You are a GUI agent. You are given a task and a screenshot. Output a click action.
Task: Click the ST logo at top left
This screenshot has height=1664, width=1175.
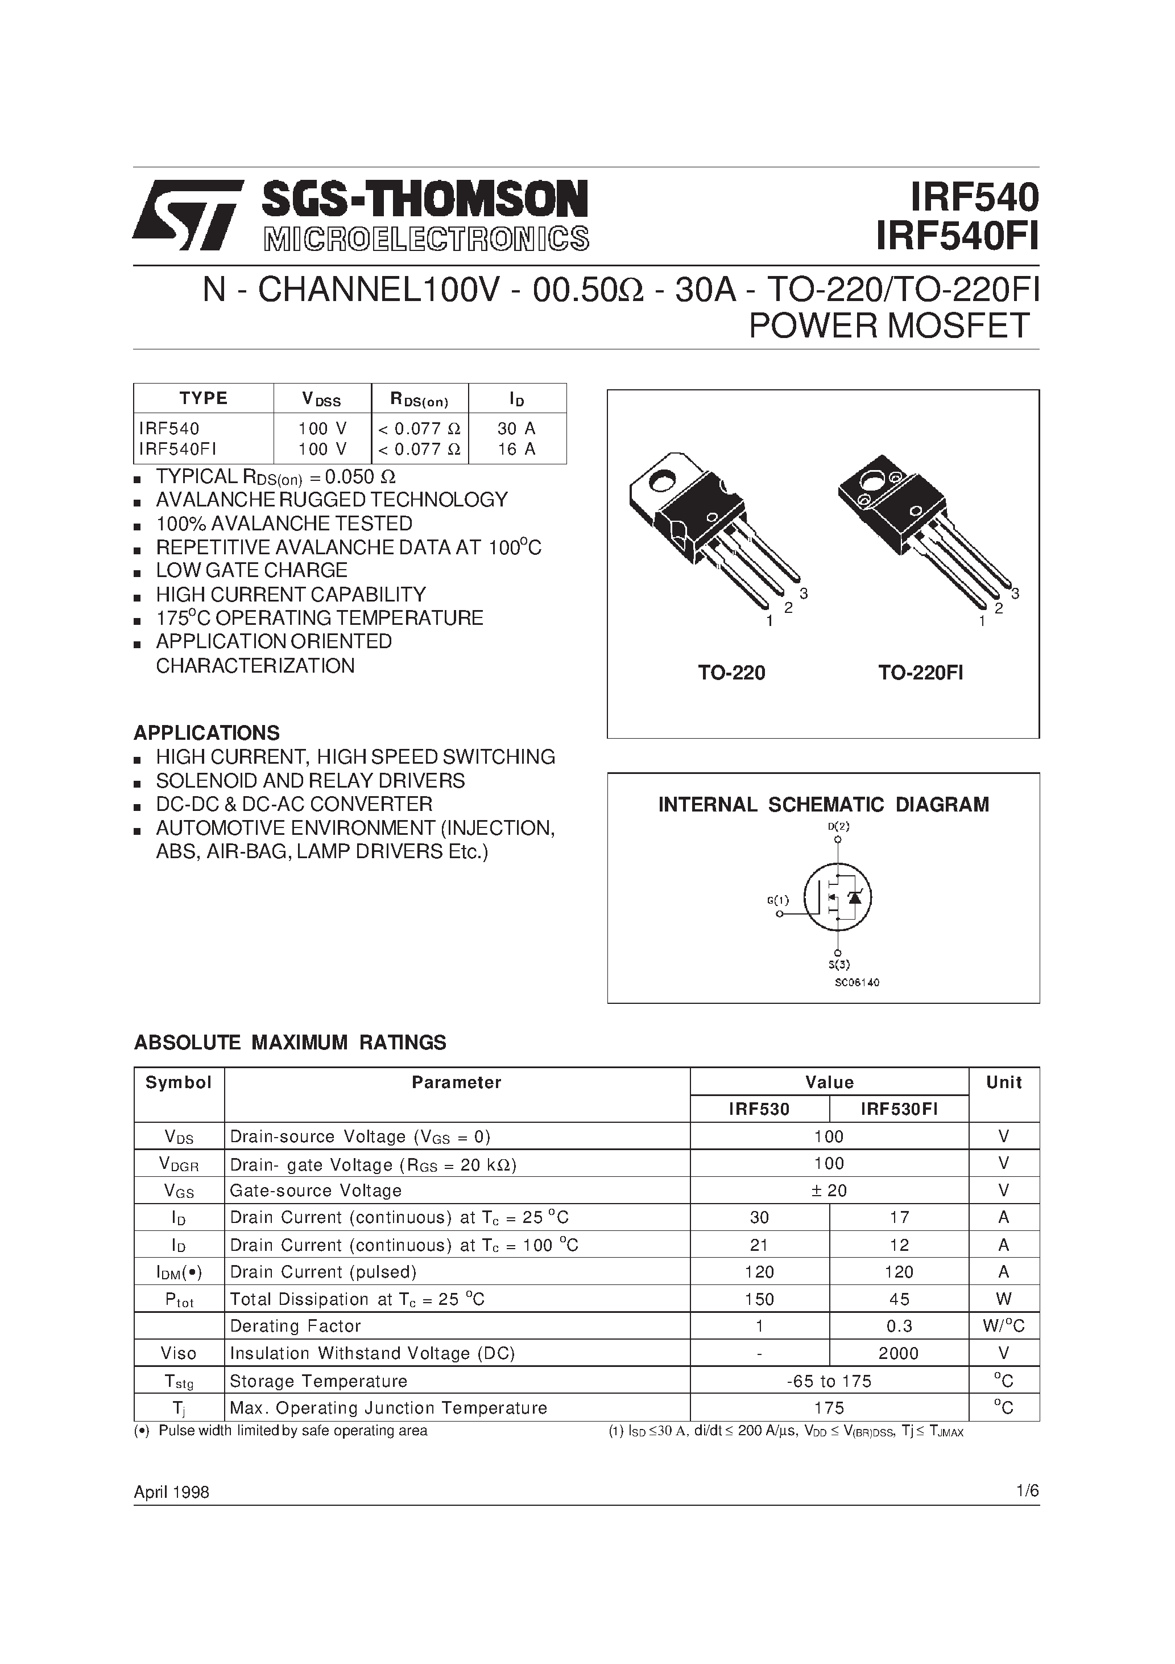coord(187,215)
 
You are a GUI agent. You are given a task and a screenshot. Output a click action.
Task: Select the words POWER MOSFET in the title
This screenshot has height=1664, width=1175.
coord(889,326)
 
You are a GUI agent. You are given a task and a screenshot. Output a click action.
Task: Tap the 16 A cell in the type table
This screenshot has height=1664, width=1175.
coord(516,450)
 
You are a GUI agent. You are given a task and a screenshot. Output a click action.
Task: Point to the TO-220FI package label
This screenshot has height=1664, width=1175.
coord(920,673)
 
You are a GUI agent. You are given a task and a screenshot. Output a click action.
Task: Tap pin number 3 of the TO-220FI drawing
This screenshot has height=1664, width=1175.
coord(1015,594)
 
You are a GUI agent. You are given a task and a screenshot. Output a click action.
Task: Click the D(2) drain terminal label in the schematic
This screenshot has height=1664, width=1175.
coord(838,826)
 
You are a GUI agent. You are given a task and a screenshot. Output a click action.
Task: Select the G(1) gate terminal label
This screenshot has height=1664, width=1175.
coord(777,900)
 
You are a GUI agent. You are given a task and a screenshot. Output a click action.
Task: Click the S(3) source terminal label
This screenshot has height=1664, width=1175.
coord(839,965)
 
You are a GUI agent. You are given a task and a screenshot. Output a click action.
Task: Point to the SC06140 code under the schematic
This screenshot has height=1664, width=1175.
coord(857,983)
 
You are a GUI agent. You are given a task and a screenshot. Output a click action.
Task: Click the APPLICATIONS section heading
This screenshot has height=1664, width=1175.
coord(206,733)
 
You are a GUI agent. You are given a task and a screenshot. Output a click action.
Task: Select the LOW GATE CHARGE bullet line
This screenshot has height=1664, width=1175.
coord(251,570)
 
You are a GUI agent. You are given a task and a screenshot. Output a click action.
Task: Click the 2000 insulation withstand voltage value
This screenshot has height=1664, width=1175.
coord(898,1354)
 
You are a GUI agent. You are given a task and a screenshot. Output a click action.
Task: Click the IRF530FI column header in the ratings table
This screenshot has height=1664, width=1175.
coord(898,1109)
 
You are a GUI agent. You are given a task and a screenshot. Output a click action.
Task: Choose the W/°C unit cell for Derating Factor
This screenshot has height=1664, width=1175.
coord(1003,1327)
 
